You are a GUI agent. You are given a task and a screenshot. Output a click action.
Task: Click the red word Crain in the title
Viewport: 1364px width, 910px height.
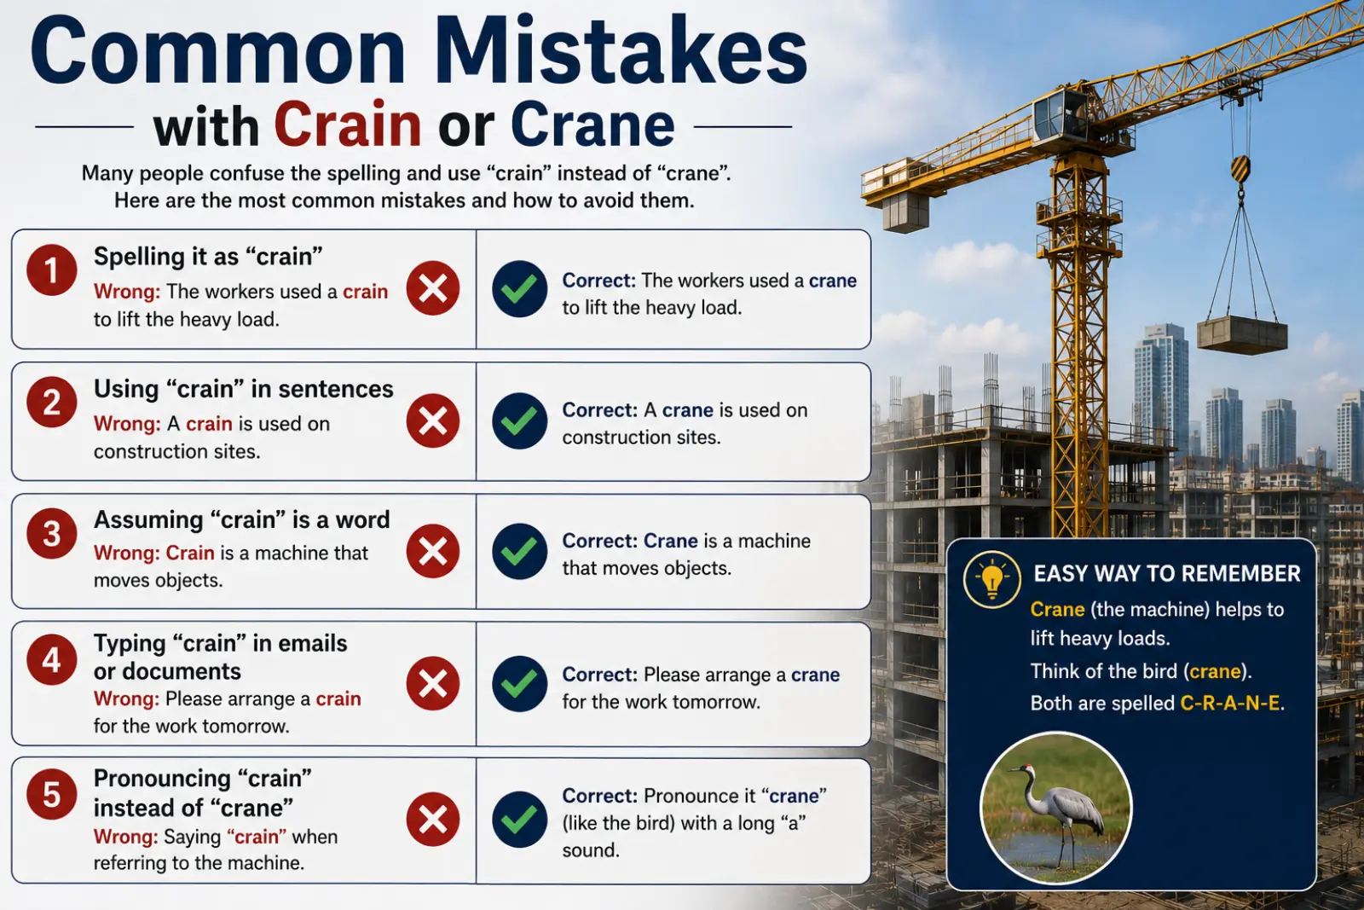tap(348, 125)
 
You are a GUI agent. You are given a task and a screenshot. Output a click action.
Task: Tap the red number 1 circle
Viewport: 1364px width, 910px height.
tap(52, 270)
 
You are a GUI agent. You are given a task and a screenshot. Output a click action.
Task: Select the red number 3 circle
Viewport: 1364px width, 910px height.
tap(52, 534)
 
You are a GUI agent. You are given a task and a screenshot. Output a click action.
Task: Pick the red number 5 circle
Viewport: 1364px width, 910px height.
tap(52, 794)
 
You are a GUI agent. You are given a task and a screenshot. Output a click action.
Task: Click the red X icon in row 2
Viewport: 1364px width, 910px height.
tap(433, 420)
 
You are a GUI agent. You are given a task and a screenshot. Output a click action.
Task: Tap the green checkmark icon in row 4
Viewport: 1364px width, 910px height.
tap(519, 683)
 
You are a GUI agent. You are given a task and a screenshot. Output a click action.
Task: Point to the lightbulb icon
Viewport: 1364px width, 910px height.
tap(992, 579)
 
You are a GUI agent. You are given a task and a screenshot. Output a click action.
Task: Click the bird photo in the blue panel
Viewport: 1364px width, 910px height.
tap(1056, 807)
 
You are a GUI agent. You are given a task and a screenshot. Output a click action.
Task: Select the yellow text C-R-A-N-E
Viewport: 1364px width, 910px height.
tap(1229, 704)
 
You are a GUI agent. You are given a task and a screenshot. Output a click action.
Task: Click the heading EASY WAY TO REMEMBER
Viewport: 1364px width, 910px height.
tap(1167, 574)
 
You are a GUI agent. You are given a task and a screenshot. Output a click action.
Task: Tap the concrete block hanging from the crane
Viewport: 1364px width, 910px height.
tap(1242, 334)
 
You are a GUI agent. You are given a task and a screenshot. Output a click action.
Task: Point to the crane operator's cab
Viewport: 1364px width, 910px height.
tap(1061, 113)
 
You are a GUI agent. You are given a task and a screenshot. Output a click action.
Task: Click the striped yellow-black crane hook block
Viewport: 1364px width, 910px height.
tap(1240, 169)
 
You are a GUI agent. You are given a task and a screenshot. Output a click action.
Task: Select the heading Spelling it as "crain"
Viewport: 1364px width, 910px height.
tap(208, 257)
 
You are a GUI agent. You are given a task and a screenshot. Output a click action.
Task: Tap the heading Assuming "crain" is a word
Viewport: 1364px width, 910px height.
tap(242, 519)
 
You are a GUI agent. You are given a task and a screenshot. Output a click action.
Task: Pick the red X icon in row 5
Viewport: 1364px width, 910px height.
tap(433, 819)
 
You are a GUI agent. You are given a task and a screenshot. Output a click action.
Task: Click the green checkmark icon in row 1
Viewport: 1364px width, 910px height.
tap(519, 289)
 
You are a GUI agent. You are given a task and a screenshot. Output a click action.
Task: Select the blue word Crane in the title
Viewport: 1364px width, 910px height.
tap(592, 125)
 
